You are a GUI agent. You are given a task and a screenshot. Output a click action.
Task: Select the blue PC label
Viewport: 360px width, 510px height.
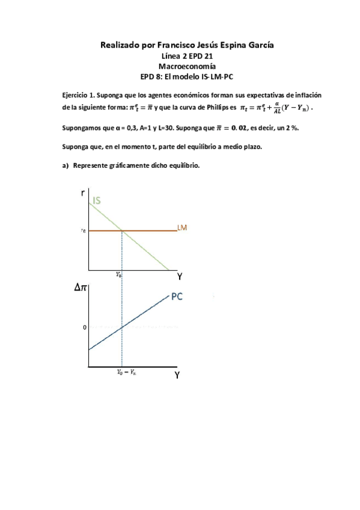tap(178, 296)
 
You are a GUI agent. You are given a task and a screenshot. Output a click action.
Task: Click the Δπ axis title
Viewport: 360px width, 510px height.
tap(81, 288)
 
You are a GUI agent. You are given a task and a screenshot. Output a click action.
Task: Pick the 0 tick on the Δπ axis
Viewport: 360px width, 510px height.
tap(85, 327)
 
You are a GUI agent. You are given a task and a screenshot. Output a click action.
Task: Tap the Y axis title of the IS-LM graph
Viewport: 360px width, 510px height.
tap(179, 277)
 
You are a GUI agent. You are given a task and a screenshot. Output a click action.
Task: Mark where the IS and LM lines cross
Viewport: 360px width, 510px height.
tap(123, 230)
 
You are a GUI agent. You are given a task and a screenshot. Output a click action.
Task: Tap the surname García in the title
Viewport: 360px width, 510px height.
tap(248, 45)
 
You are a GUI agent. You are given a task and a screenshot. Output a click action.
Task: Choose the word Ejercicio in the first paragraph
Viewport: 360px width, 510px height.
tap(76, 96)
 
